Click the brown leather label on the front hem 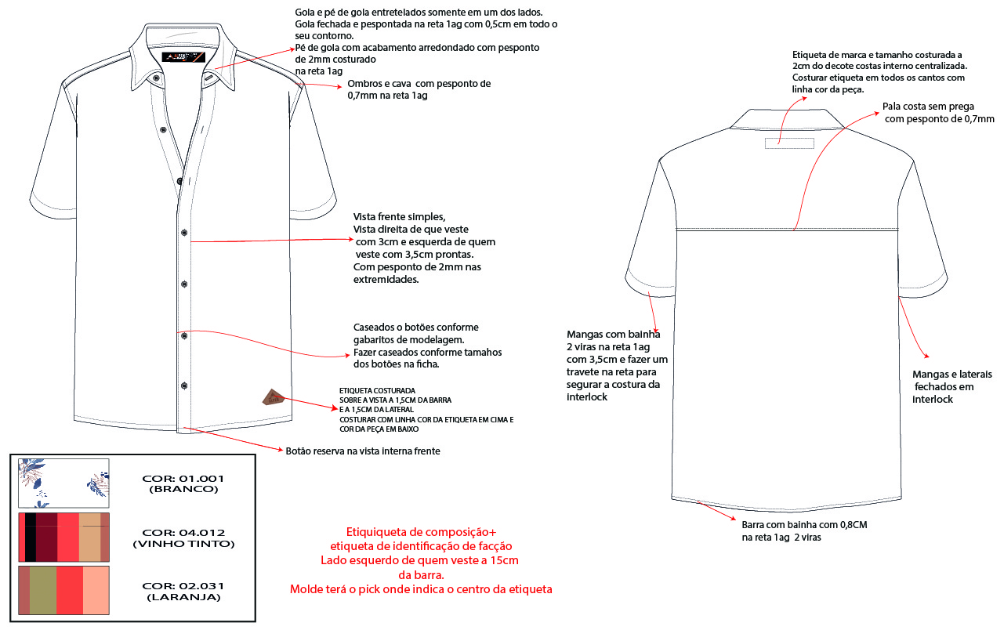[x=272, y=396]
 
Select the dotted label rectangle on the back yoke [x=789, y=143]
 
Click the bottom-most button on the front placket [x=184, y=385]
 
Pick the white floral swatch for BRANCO [x=63, y=483]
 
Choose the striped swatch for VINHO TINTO [x=63, y=537]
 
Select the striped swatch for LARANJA [x=63, y=591]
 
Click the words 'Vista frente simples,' [x=400, y=217]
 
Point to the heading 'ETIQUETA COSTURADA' [x=377, y=390]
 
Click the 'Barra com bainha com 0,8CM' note [x=804, y=524]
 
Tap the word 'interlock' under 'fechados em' [x=932, y=400]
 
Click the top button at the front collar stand [x=157, y=78]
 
